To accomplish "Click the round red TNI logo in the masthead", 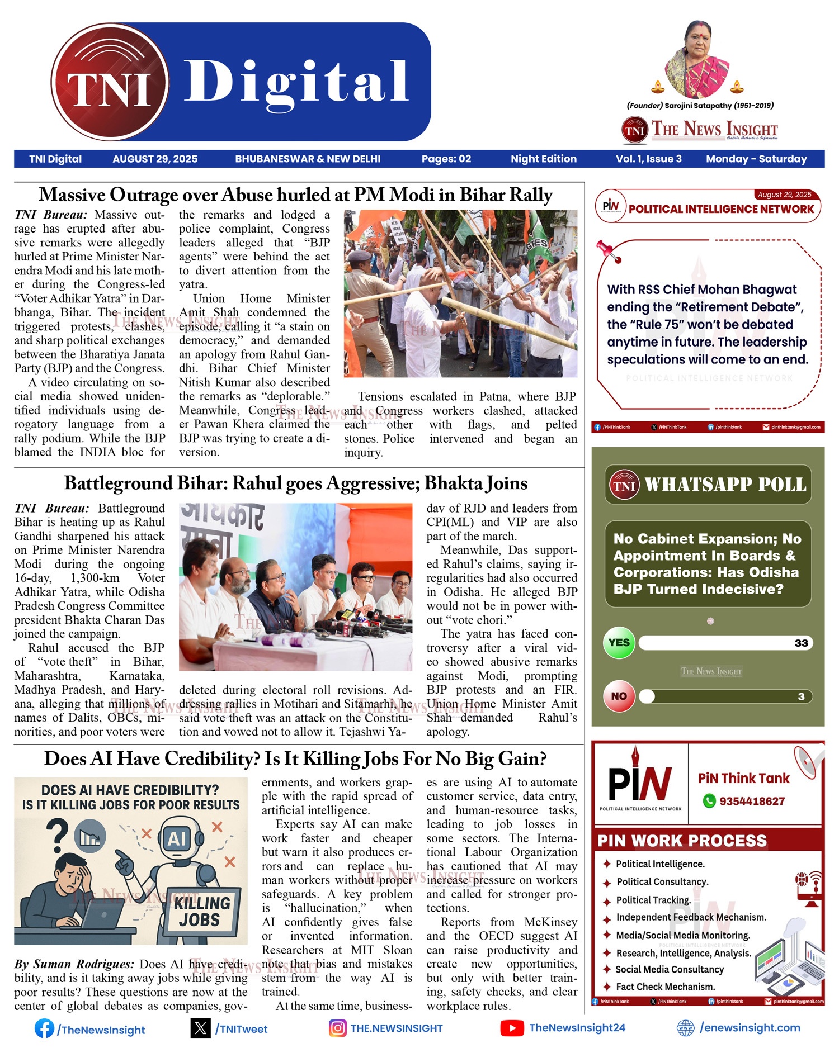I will pyautogui.click(x=110, y=82).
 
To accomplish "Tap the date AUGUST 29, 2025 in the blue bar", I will pyautogui.click(x=155, y=159).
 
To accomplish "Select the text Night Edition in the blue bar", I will pyautogui.click(x=543, y=159).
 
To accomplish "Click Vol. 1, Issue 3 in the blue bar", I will pyautogui.click(x=648, y=159).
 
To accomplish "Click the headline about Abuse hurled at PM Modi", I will pyautogui.click(x=295, y=195).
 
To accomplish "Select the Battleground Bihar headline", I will pyautogui.click(x=295, y=483).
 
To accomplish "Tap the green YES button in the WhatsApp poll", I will pyautogui.click(x=619, y=643).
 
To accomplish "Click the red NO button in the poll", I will pyautogui.click(x=619, y=696).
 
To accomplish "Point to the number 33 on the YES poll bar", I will pyautogui.click(x=801, y=643).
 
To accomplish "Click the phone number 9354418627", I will pyautogui.click(x=752, y=802).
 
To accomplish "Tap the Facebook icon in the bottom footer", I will pyautogui.click(x=44, y=1028).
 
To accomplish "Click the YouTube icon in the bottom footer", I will pyautogui.click(x=512, y=1028).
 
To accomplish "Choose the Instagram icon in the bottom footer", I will pyautogui.click(x=337, y=1028).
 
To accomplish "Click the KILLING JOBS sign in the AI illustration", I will pyautogui.click(x=201, y=911).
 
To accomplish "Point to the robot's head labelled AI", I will pyautogui.click(x=177, y=838).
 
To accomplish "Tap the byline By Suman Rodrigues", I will pyautogui.click(x=74, y=964).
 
